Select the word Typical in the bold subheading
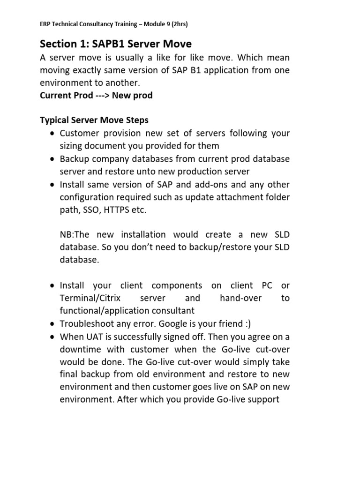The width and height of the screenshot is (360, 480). [x=54, y=120]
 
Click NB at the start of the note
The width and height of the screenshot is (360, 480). [x=67, y=234]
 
